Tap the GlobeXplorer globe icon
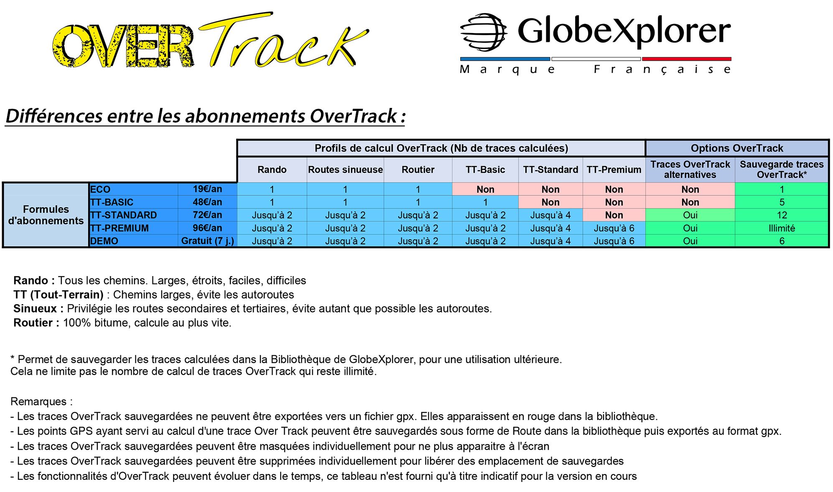(x=484, y=32)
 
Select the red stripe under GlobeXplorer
(x=687, y=59)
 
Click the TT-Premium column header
(x=614, y=169)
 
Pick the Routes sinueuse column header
(x=345, y=169)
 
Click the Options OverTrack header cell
(x=737, y=148)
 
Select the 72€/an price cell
(x=207, y=215)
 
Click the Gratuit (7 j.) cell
(x=207, y=241)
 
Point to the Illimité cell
(x=782, y=228)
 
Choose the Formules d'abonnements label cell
(x=46, y=215)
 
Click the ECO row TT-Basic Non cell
(x=485, y=189)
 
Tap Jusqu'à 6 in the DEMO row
(x=614, y=241)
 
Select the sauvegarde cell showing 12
(x=782, y=215)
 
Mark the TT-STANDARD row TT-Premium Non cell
(x=614, y=215)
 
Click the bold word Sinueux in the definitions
(x=35, y=309)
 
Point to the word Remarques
(x=38, y=402)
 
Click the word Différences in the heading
(x=54, y=116)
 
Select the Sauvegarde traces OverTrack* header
(x=782, y=169)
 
